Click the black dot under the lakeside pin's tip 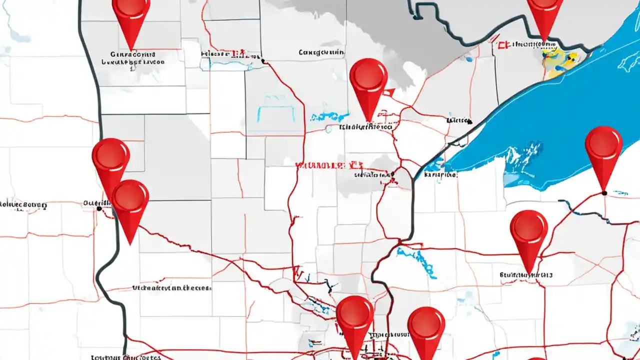pos(604,193)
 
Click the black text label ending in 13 pos(526,275)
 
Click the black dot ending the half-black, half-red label pos(263,61)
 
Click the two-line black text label pos(132,58)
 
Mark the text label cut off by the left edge pos(22,204)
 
